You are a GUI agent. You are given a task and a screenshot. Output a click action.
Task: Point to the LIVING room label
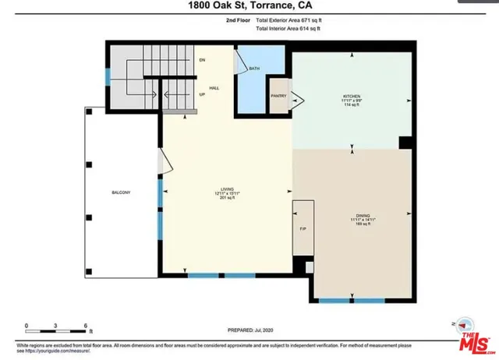(x=228, y=189)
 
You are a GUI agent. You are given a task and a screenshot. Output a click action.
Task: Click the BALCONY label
(x=120, y=192)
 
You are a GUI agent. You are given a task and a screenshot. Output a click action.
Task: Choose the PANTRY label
(x=279, y=96)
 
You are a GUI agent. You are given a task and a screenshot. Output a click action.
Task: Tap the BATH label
(x=254, y=69)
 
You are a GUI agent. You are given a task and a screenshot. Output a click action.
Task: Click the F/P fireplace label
(x=303, y=230)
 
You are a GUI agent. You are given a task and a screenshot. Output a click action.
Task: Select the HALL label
(x=214, y=88)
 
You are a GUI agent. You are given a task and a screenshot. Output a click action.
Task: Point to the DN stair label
(x=202, y=60)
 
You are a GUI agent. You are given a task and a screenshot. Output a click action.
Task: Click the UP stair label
(x=202, y=94)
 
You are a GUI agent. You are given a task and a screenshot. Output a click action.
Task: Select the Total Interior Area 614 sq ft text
(x=288, y=29)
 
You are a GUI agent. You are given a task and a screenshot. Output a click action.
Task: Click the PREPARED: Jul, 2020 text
(x=250, y=330)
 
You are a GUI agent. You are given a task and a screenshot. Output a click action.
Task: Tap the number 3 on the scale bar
(x=57, y=325)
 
